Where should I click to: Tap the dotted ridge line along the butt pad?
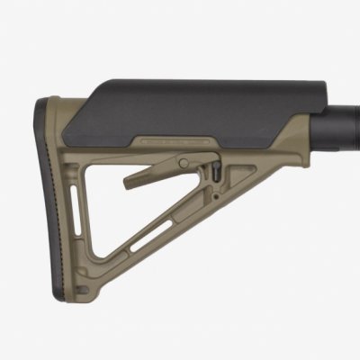pos(53,207)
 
